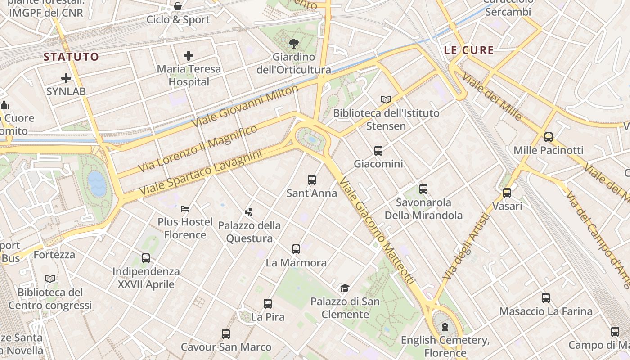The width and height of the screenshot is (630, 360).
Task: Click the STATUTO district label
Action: [71, 57]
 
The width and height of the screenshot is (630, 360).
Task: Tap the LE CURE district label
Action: [469, 50]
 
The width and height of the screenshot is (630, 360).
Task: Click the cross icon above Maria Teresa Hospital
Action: [189, 56]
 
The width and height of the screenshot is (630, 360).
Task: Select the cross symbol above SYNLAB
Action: [66, 78]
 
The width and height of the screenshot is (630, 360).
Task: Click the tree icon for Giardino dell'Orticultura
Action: [293, 44]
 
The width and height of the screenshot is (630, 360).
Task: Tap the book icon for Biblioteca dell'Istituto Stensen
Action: [386, 99]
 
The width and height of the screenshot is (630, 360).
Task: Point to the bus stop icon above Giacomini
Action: [378, 151]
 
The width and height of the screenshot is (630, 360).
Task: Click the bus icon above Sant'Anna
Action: [312, 180]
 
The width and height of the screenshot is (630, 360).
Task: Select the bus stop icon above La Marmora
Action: [296, 249]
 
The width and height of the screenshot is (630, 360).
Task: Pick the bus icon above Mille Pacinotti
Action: [548, 137]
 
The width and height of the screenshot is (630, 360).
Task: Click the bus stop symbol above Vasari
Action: [507, 193]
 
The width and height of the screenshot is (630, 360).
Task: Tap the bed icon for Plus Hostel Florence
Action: [185, 208]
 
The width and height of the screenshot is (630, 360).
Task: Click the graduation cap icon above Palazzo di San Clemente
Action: [345, 288]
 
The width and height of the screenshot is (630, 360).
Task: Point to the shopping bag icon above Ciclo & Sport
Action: [178, 6]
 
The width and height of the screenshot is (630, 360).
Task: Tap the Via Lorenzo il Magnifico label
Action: [198, 149]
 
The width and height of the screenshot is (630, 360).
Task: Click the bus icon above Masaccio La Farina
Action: [546, 297]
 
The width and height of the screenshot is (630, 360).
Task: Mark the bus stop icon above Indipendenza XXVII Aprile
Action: [146, 258]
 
